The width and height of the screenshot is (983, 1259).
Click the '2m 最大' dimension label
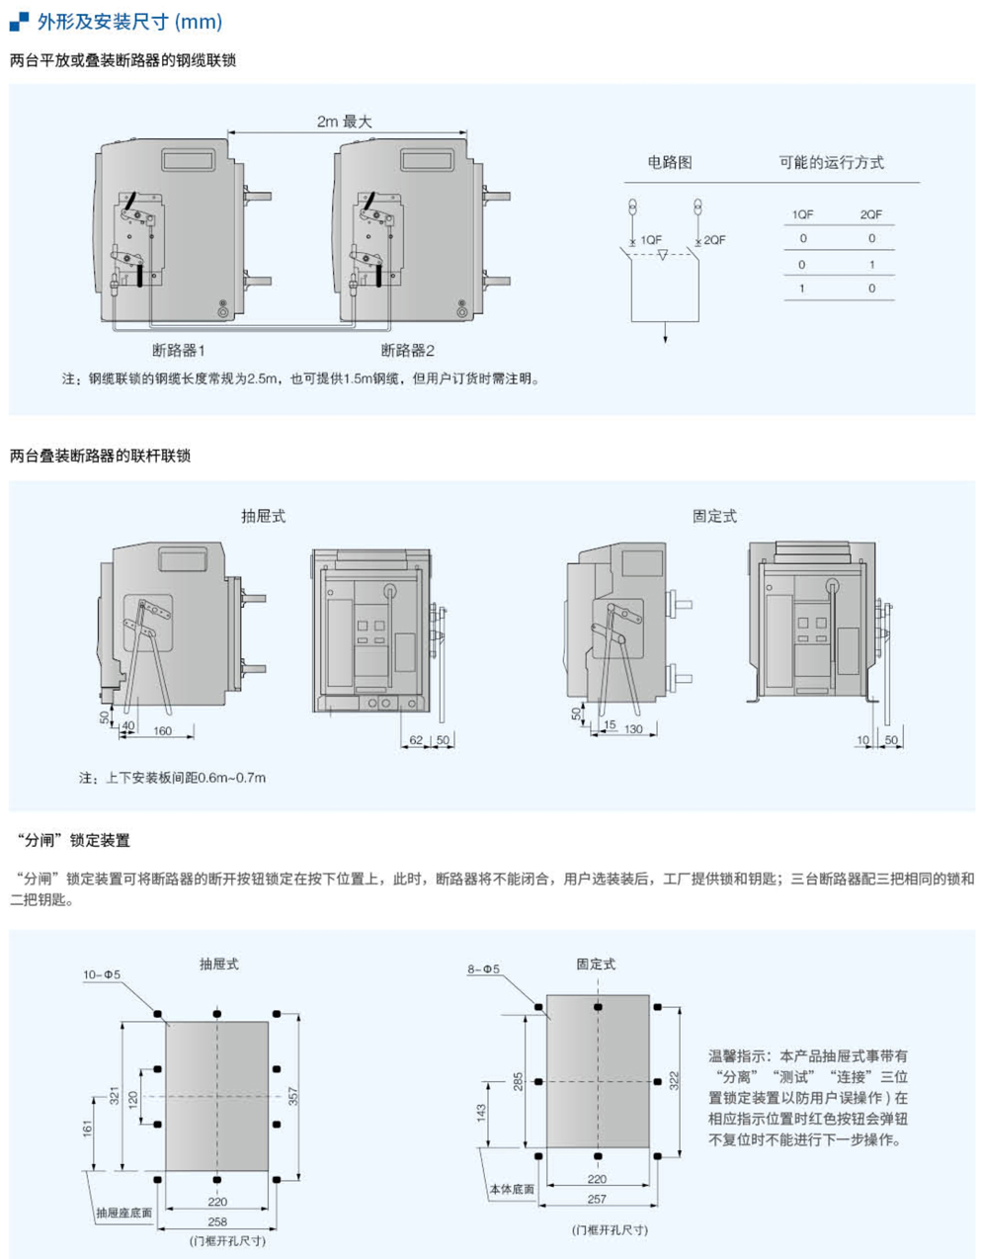click(x=344, y=122)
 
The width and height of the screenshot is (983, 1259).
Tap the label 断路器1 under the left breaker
click(x=179, y=350)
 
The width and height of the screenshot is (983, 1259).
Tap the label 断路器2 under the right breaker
click(x=408, y=350)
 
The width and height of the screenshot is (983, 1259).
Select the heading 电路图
click(x=669, y=162)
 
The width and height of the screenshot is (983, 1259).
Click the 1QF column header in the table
click(x=802, y=214)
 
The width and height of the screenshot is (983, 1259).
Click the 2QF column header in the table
click(x=870, y=214)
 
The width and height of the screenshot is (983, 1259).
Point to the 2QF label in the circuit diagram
click(x=714, y=240)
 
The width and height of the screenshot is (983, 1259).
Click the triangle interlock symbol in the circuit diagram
click(x=663, y=255)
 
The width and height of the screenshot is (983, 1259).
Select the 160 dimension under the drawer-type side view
click(x=163, y=731)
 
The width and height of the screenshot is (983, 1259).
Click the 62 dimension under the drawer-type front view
click(x=416, y=740)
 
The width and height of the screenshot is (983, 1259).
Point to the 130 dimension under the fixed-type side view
click(x=632, y=728)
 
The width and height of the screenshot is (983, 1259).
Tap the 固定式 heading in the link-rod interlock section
click(x=714, y=516)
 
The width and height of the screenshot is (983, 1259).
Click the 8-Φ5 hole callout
click(x=483, y=969)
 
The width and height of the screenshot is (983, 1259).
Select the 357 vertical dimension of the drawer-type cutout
click(x=292, y=1095)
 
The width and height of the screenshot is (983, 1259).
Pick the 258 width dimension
click(x=217, y=1221)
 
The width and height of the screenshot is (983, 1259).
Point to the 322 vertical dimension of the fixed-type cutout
click(x=674, y=1080)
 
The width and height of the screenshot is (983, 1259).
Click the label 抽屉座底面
click(x=124, y=1213)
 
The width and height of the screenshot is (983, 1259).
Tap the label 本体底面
click(x=512, y=1189)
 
